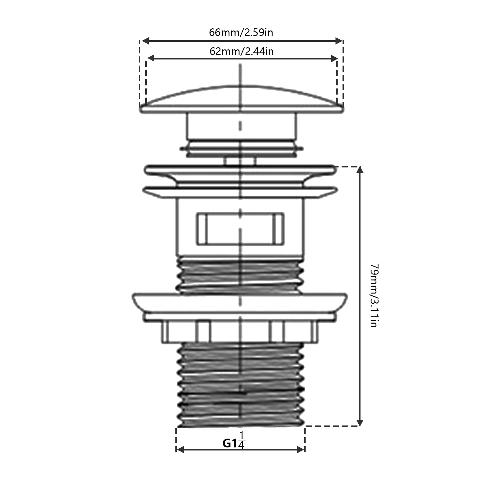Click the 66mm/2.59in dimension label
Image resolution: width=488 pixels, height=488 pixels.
(x=241, y=32)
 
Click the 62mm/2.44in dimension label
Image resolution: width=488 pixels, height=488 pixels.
(x=242, y=51)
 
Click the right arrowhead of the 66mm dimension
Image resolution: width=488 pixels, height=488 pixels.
(x=339, y=41)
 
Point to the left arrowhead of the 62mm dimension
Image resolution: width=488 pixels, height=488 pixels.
(x=151, y=58)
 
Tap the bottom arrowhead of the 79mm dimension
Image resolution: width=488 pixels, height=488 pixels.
(x=360, y=422)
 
